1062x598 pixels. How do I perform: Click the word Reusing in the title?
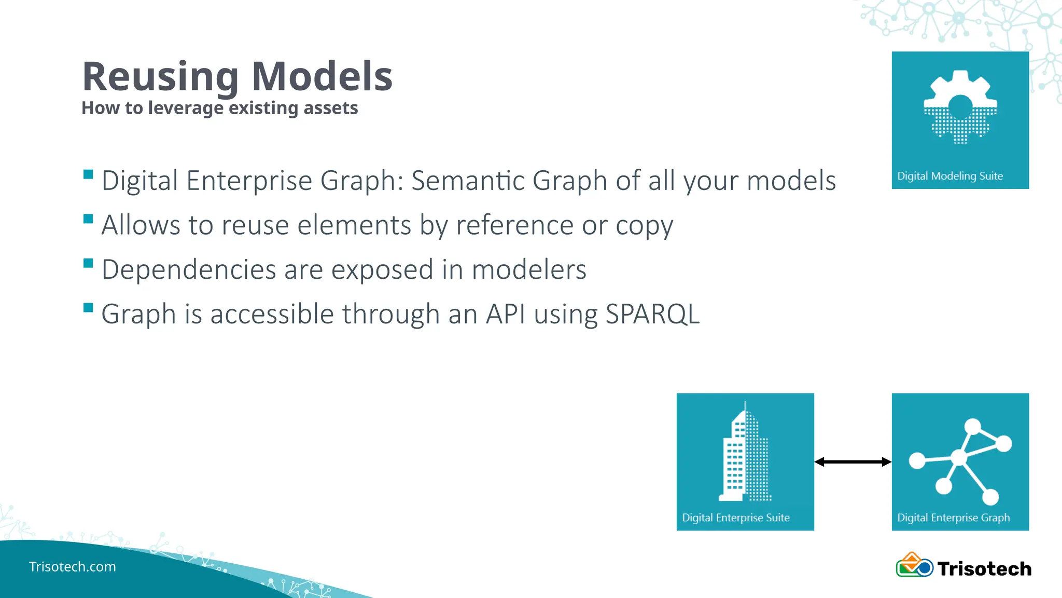[160, 77]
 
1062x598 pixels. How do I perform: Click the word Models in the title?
[322, 77]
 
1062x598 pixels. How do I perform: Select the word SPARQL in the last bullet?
[652, 314]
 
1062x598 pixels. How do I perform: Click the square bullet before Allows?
[88, 219]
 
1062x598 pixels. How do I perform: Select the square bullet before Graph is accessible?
[88, 307]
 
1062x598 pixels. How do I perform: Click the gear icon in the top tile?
[960, 107]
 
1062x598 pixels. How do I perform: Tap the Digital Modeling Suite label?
[949, 176]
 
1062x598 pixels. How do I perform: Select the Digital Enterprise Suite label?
[735, 518]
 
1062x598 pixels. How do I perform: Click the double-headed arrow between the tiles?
[853, 461]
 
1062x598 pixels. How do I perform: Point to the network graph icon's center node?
[959, 458]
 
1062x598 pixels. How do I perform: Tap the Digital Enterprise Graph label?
[953, 518]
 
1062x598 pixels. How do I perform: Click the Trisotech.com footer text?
[73, 566]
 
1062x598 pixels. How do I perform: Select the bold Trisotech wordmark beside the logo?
[984, 569]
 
